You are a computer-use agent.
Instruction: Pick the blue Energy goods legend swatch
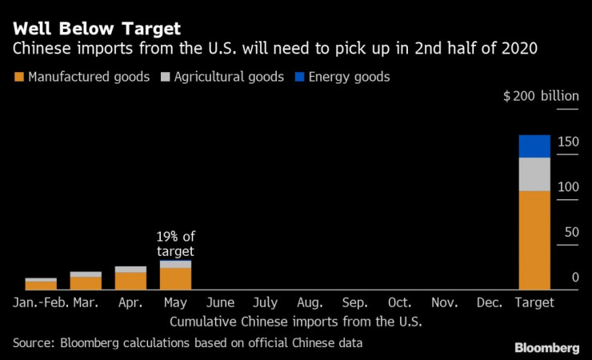coord(302,78)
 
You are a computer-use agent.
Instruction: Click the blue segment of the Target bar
coord(534,146)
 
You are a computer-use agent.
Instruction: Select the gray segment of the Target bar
coord(534,174)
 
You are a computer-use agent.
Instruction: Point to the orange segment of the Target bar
coord(534,239)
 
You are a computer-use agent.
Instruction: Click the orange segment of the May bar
coord(175,278)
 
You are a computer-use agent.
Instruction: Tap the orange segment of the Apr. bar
coord(130,280)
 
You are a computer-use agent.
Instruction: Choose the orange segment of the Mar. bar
coord(86,282)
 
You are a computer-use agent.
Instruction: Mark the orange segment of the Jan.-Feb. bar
coord(41,285)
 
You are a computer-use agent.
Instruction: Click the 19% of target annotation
coord(176,243)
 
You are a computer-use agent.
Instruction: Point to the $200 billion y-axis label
coord(540,96)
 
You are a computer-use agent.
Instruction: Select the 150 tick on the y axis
coord(568,142)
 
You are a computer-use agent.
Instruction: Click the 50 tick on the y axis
coord(570,232)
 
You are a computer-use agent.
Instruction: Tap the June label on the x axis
coord(220,303)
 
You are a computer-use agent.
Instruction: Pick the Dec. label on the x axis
coord(490,303)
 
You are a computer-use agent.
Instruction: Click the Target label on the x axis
coord(534,303)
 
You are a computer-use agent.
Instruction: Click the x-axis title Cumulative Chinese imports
coord(295,322)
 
